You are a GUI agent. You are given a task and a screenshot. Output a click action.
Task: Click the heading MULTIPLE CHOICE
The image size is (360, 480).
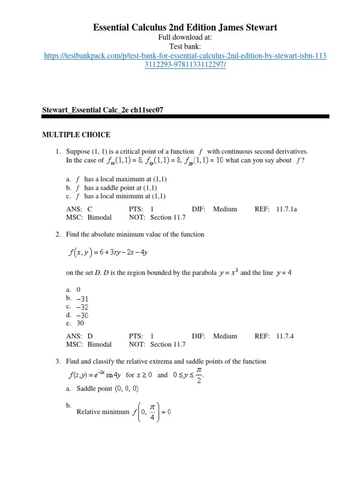[x=76, y=135]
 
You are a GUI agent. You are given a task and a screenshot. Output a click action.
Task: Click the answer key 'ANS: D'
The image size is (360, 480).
[x=79, y=336]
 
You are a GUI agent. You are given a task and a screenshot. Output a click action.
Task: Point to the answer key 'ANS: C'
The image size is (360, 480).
[x=79, y=209]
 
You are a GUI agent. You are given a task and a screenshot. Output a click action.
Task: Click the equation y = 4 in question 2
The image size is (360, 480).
[x=283, y=273]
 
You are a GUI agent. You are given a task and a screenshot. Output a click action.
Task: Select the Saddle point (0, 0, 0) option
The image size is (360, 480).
[x=107, y=389]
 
